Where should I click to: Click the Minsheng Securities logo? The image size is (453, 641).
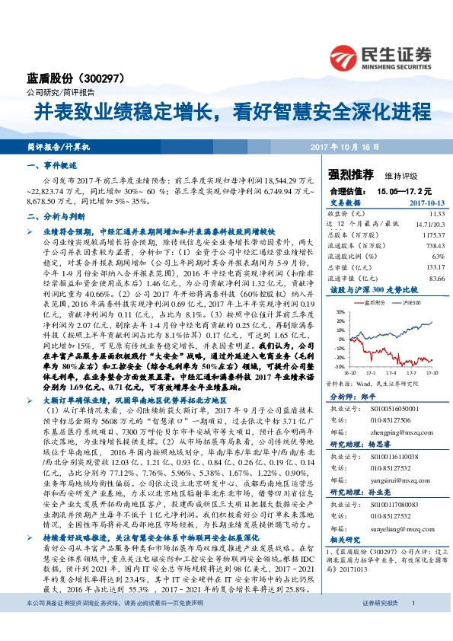379,56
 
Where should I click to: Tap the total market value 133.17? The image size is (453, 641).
433,267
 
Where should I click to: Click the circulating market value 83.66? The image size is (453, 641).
435,278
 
